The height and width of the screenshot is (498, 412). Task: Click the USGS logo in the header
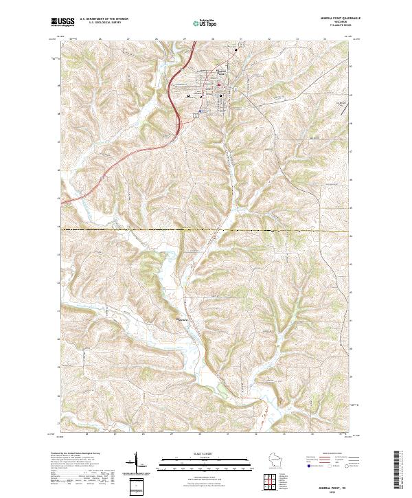[62, 22]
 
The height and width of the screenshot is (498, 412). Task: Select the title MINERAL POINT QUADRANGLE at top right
[331, 18]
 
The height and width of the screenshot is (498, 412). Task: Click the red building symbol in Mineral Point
[219, 85]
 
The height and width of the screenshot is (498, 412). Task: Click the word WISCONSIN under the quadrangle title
[331, 22]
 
